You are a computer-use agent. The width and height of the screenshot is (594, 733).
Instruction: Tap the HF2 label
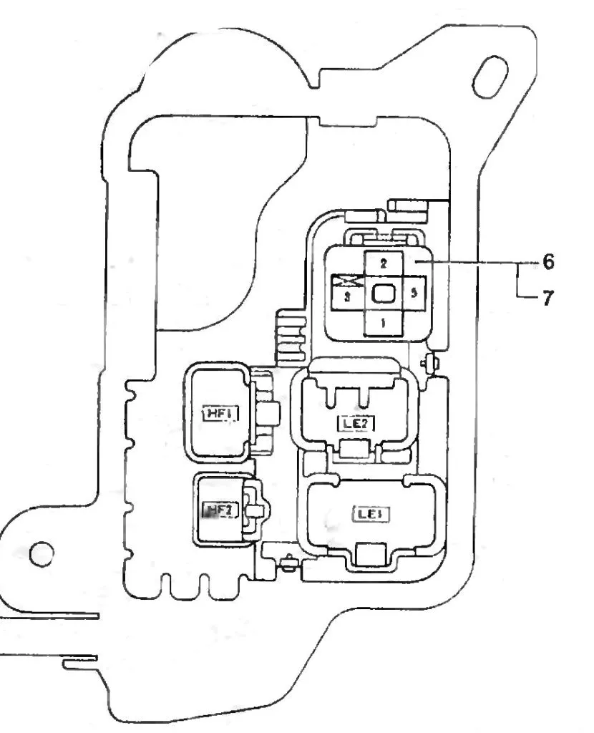point(216,511)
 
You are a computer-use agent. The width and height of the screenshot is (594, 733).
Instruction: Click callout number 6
point(547,263)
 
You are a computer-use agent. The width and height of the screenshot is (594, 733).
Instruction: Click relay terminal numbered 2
point(384,264)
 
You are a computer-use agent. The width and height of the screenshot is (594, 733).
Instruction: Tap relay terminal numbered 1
point(384,324)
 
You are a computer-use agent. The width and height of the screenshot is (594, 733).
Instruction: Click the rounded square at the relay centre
point(384,293)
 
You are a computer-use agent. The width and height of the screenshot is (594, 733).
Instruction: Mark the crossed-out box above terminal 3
point(349,281)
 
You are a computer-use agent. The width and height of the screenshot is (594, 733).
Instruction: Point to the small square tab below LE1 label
point(370,552)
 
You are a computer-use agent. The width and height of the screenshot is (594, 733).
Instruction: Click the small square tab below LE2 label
point(354,450)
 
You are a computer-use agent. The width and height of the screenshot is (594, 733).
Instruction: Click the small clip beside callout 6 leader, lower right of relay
point(431,363)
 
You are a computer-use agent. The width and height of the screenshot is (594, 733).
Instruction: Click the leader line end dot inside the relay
point(414,263)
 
